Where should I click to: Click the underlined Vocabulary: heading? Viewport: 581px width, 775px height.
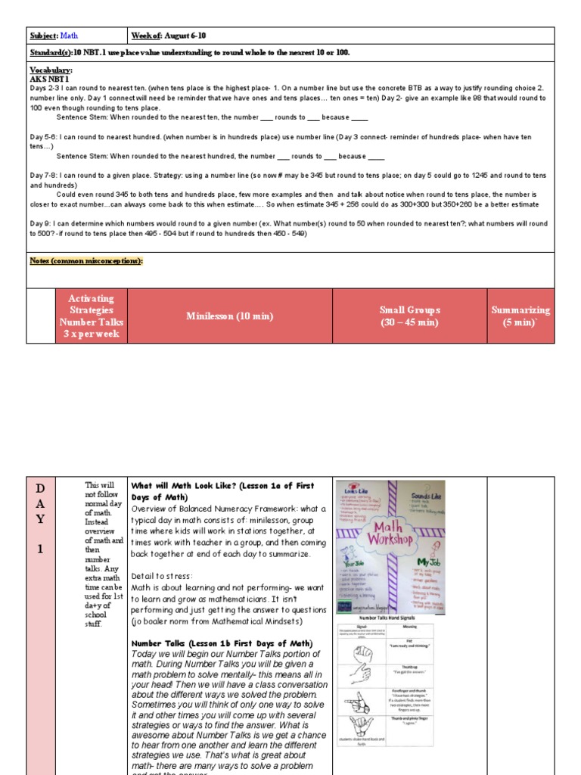click(51, 70)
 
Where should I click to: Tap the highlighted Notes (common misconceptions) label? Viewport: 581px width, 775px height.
click(85, 261)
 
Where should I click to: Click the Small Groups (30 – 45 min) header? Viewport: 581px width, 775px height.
click(411, 316)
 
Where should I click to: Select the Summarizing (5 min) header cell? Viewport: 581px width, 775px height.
click(520, 316)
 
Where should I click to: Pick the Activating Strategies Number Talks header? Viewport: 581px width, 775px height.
click(91, 316)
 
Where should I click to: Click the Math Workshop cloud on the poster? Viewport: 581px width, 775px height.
click(390, 534)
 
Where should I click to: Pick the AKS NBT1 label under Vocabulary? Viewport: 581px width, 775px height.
click(49, 78)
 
